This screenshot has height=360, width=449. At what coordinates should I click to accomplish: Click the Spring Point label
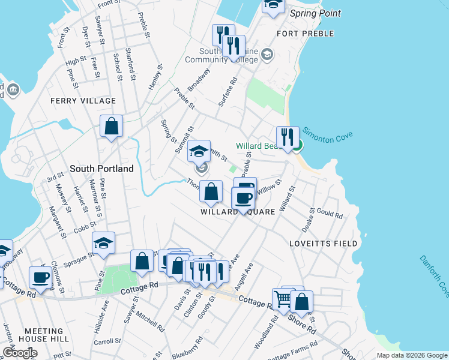(315, 13)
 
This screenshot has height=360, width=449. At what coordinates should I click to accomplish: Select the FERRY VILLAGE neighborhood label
(83, 101)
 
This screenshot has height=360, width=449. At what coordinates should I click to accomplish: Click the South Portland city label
(101, 169)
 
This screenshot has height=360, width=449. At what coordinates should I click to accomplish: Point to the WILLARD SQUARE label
(238, 212)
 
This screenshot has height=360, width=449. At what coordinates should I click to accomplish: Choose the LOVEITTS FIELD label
(323, 244)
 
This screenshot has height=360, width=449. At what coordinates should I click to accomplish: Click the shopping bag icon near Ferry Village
(112, 126)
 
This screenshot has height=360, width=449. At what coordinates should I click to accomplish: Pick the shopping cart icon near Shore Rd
(283, 298)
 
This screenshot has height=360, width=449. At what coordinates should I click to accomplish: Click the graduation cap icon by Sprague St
(103, 242)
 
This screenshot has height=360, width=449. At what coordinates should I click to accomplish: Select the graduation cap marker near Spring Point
(273, 5)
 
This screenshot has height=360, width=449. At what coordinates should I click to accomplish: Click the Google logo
(19, 353)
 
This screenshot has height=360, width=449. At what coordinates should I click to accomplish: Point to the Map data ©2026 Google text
(412, 355)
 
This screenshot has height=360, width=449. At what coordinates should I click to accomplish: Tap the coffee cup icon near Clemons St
(41, 277)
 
